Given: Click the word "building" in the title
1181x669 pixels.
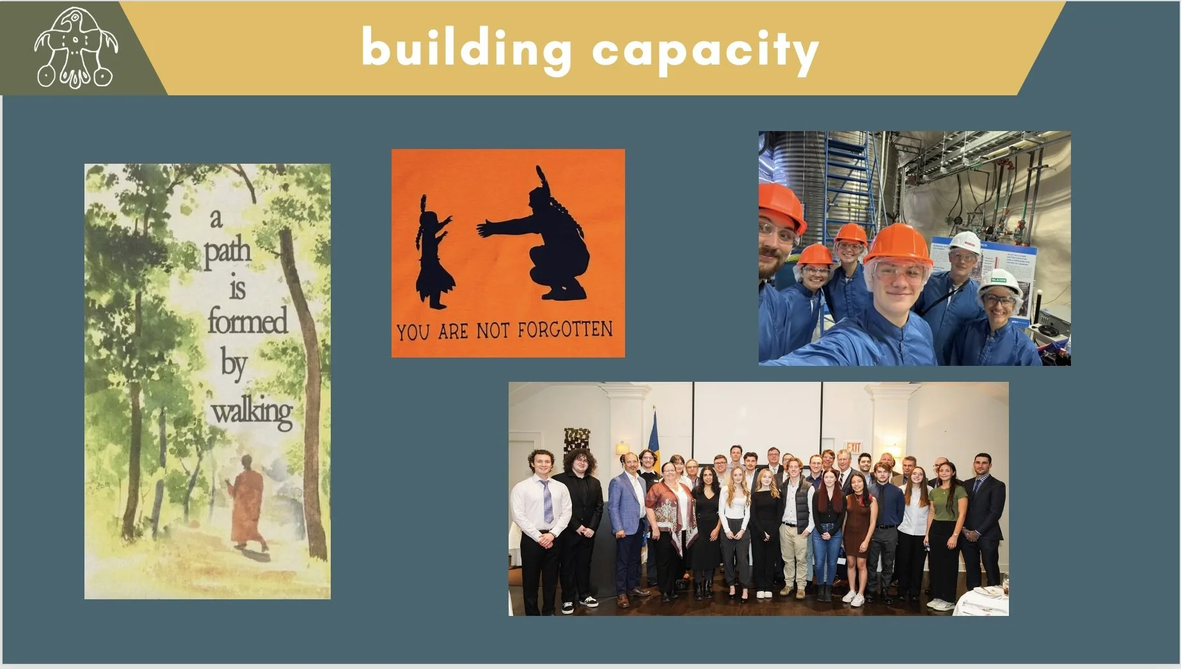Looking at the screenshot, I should point(466,49).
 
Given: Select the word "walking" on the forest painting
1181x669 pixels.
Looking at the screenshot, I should point(252,411).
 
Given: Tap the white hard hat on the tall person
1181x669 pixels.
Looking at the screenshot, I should point(965,242).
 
